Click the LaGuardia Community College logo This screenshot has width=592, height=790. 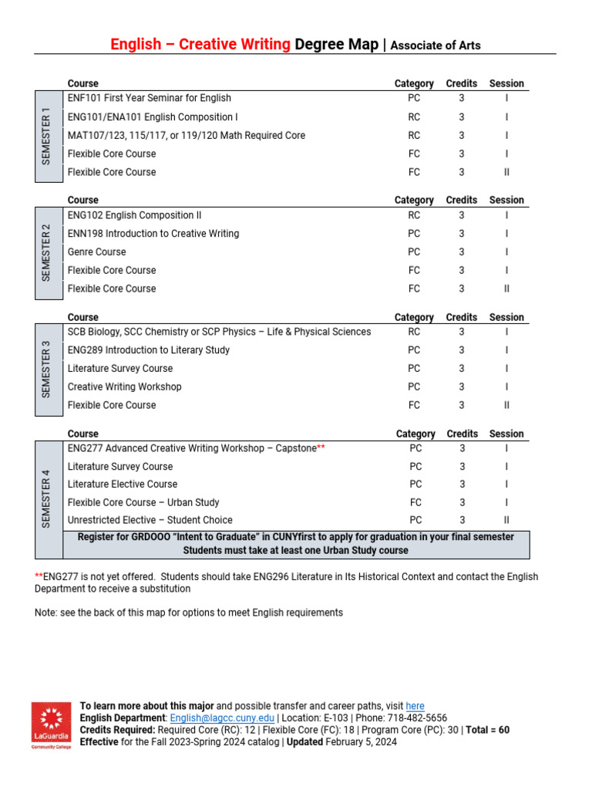(x=51, y=725)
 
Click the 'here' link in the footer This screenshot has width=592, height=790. (x=415, y=706)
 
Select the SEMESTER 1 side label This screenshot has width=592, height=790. (x=48, y=136)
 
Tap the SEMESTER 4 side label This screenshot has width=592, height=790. (x=48, y=498)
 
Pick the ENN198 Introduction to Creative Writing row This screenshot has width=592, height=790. (x=153, y=233)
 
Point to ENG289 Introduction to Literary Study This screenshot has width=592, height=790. (x=148, y=350)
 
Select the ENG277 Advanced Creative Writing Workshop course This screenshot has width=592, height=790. (x=191, y=448)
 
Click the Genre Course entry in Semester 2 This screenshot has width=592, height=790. (x=96, y=252)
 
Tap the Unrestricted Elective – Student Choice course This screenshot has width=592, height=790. (x=150, y=520)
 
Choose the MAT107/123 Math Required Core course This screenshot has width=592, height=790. (x=186, y=135)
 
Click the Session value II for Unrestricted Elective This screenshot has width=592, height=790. (x=506, y=520)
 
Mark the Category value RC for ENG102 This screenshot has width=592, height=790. (x=414, y=215)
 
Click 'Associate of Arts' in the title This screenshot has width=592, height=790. (x=436, y=46)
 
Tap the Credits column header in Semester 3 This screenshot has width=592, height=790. (x=461, y=317)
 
